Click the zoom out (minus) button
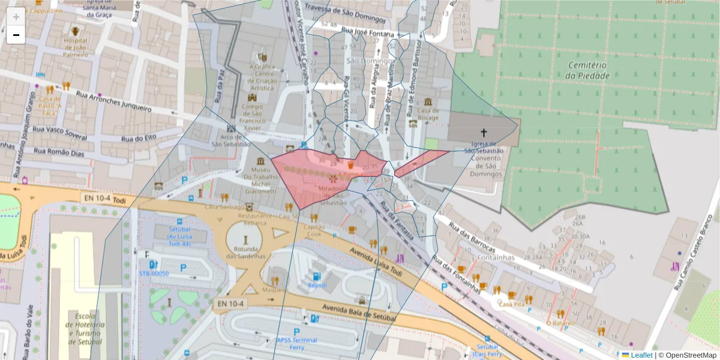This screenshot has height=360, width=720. tap(16, 35)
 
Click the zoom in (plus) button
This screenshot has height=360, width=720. tap(16, 17)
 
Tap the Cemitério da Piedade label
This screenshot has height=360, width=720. tap(587, 70)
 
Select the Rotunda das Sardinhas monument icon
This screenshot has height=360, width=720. tap(245, 239)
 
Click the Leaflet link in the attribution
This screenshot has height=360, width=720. tap(641, 355)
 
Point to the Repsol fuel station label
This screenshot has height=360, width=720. tap(317, 286)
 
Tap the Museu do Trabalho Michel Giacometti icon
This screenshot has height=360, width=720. tap(260, 162)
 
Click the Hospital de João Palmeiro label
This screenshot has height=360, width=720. tap(76, 47)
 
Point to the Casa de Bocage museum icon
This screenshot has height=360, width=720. tap(428, 102)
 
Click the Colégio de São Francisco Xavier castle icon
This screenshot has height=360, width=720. tap(252, 97)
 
